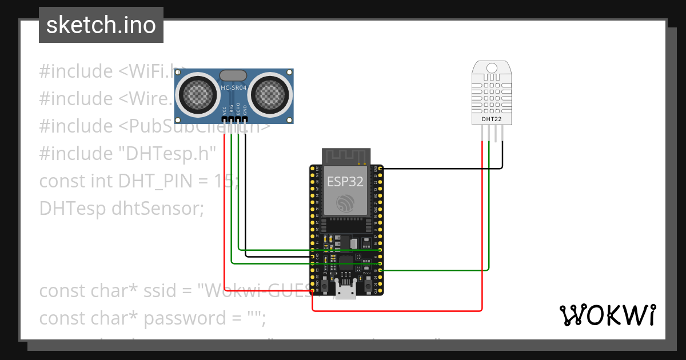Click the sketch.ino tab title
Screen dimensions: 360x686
click(x=101, y=26)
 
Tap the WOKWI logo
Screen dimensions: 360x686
click(x=607, y=315)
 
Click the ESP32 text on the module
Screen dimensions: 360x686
click(x=345, y=182)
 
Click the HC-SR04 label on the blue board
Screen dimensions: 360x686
click(x=234, y=87)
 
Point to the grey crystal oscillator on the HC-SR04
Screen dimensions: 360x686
click(x=233, y=75)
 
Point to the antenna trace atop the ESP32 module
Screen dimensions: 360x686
click(x=346, y=155)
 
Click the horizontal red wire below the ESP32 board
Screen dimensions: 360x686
click(x=400, y=310)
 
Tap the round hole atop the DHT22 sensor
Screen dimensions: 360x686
click(x=491, y=69)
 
